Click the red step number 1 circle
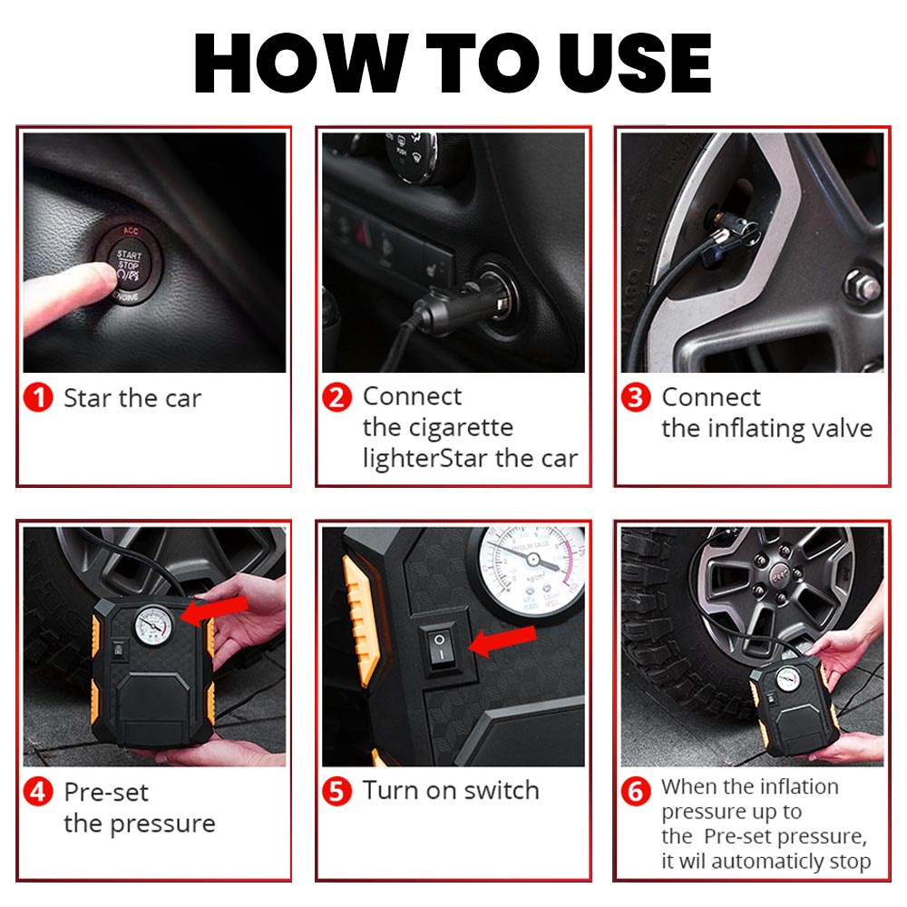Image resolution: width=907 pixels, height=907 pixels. coord(38,398)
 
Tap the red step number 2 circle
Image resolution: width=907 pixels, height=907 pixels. coord(337,397)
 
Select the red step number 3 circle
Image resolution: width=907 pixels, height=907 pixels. coord(636,397)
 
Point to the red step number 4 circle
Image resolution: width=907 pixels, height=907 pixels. coord(38,791)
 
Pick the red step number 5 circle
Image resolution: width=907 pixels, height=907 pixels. coord(337,791)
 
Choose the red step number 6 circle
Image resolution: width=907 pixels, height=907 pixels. coord(636,791)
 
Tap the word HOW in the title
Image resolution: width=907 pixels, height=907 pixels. coord(301,63)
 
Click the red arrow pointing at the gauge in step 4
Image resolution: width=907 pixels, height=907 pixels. coord(215,611)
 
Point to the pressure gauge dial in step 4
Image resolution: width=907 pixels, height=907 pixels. coord(153,626)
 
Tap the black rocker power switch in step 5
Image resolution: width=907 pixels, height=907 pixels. coord(440,648)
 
